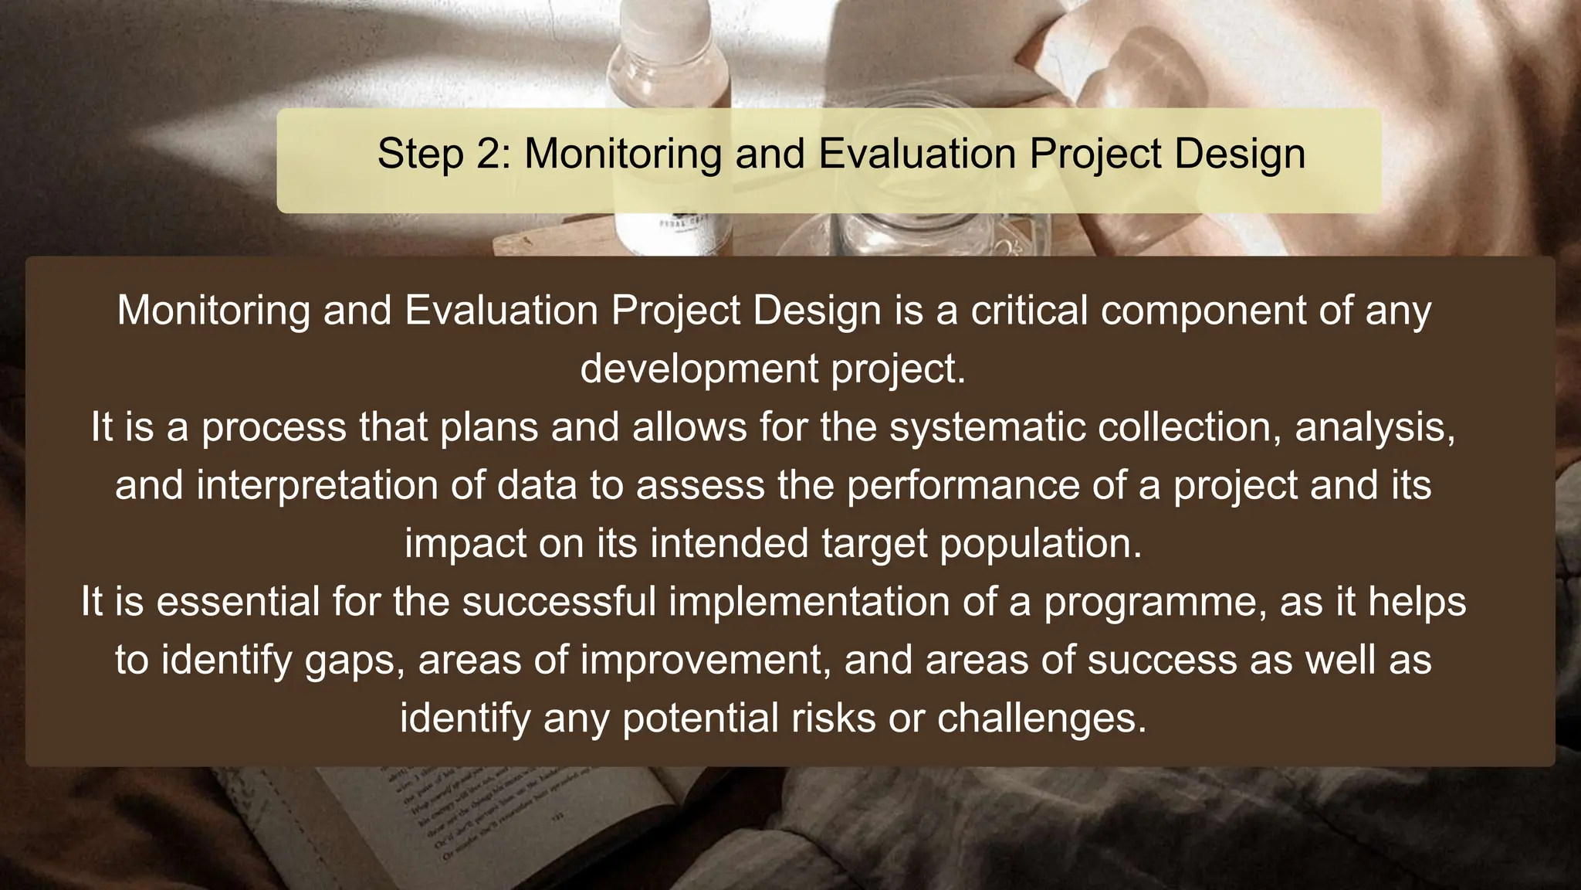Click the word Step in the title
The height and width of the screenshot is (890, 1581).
(420, 154)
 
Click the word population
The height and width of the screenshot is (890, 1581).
(1040, 543)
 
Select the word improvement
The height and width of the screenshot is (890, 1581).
(705, 660)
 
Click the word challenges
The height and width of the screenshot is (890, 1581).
(1041, 718)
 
